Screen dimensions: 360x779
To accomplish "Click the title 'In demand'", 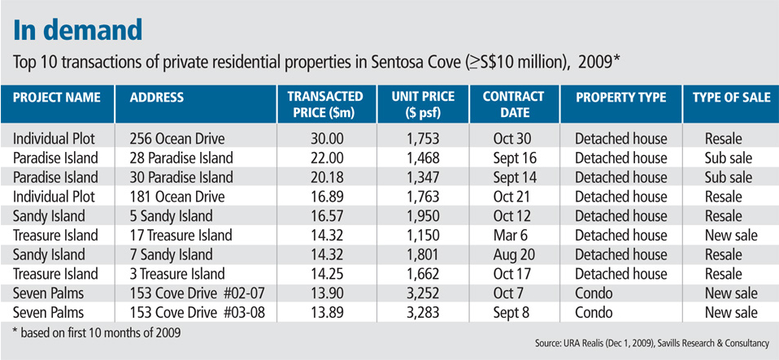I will (x=78, y=30).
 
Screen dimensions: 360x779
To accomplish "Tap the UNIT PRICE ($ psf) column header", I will (x=428, y=105).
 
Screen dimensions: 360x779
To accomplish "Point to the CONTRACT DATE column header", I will (x=513, y=105).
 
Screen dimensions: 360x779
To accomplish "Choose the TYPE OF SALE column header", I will (x=730, y=98).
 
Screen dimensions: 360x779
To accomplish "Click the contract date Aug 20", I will (x=512, y=255).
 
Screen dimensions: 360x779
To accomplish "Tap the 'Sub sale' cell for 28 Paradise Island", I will (x=728, y=158).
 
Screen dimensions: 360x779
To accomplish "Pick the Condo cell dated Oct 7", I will (x=594, y=293).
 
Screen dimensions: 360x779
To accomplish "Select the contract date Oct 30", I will (x=512, y=138).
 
